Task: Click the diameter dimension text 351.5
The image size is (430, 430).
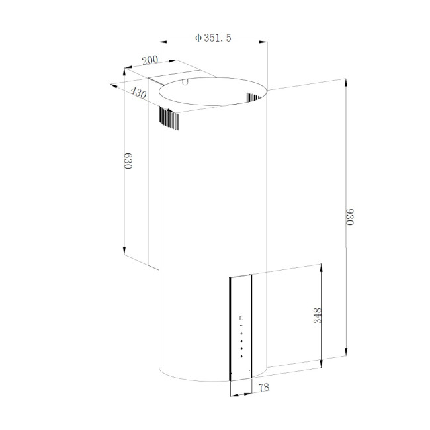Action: [216, 38]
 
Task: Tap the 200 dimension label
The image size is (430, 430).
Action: [150, 61]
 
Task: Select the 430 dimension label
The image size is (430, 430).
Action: [138, 94]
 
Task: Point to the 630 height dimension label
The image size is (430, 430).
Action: [129, 161]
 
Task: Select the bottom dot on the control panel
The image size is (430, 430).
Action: [242, 357]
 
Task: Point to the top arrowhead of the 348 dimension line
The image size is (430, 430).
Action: [322, 267]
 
